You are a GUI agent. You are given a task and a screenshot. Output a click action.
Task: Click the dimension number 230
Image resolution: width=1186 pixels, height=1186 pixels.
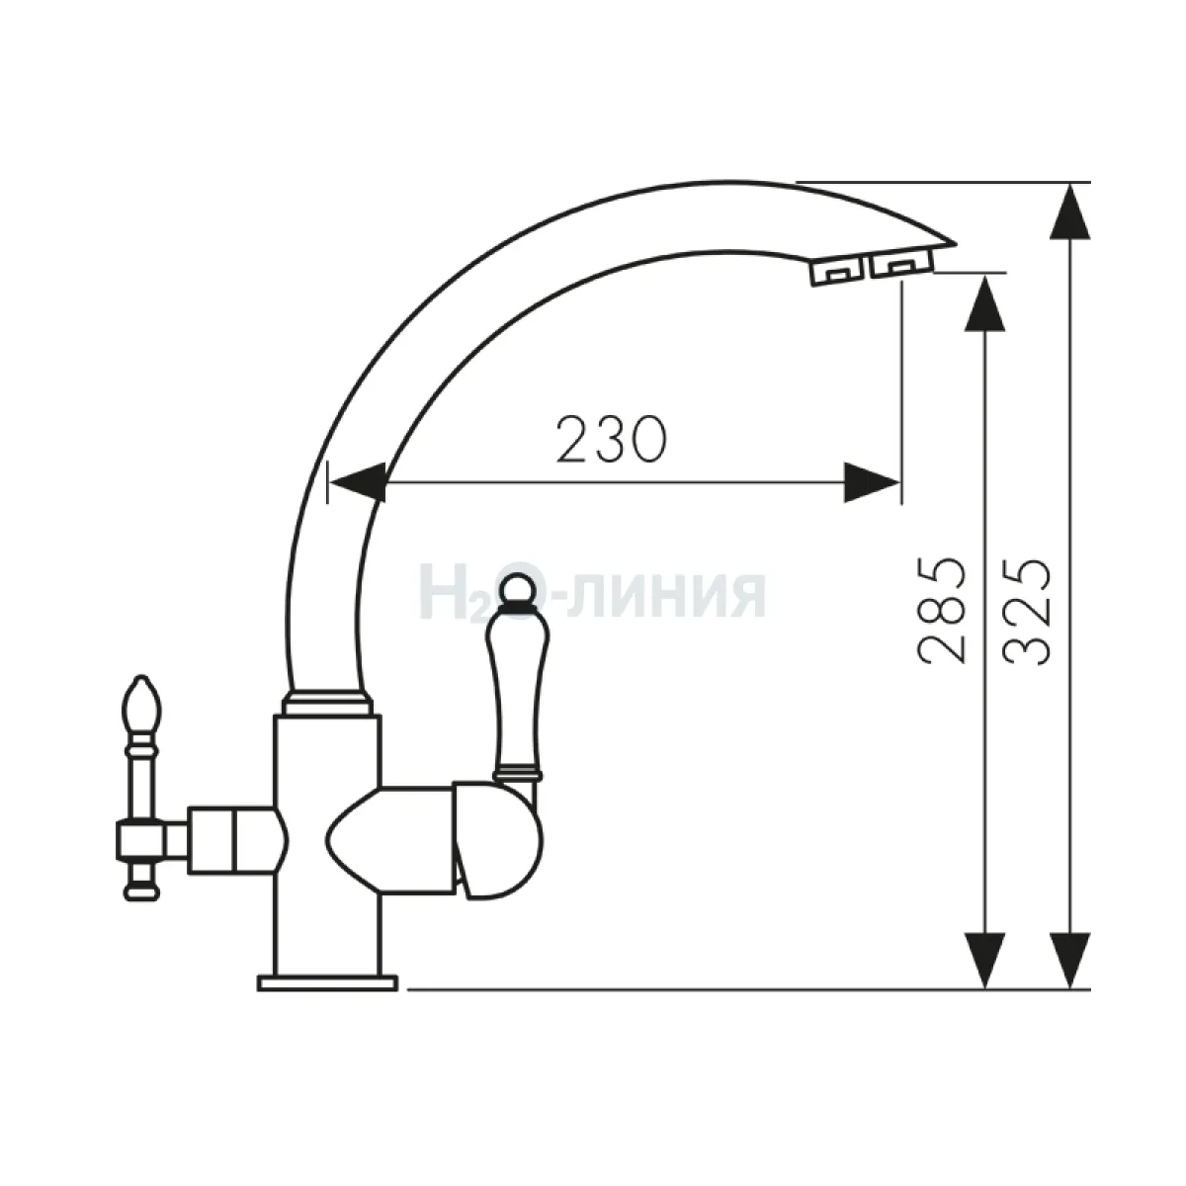[611, 440]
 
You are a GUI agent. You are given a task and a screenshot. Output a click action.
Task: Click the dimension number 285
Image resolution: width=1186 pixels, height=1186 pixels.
[941, 611]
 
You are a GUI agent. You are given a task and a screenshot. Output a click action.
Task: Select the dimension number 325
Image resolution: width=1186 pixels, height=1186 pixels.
[1026, 612]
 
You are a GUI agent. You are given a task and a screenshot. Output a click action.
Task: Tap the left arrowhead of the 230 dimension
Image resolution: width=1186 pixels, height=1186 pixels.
[357, 483]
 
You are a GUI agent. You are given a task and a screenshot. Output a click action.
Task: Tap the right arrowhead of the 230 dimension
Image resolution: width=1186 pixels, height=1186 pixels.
[872, 483]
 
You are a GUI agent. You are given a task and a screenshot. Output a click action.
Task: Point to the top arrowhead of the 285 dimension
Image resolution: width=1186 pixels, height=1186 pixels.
[985, 304]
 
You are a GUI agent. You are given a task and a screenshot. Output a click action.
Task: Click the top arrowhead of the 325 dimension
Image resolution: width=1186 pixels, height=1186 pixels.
[1070, 212]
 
